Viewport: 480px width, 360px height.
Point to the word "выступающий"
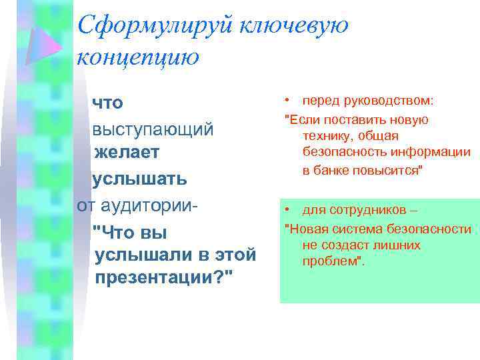(x=153, y=128)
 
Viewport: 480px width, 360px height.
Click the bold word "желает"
(x=127, y=153)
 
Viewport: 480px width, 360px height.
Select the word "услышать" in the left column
(x=139, y=179)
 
